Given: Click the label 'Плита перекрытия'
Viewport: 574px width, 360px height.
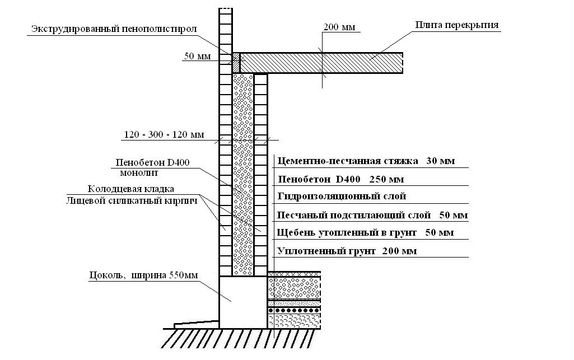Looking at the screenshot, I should (x=457, y=25).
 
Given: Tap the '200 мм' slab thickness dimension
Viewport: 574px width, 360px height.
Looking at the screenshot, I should (x=339, y=27).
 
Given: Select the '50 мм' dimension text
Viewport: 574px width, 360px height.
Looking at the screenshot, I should (x=194, y=56).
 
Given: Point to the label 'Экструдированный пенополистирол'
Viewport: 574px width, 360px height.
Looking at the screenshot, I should (x=114, y=29).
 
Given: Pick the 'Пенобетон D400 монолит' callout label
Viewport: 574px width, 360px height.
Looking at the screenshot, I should (x=152, y=167).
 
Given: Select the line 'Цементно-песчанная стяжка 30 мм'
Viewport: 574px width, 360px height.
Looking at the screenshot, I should (x=366, y=161).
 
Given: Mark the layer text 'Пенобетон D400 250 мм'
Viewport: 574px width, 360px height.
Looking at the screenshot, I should (x=340, y=180).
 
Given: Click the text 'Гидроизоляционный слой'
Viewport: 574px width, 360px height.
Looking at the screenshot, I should (x=342, y=197).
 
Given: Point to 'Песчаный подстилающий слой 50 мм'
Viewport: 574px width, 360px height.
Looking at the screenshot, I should (x=372, y=215).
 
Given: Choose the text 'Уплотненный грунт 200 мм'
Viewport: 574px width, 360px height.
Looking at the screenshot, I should (x=347, y=251).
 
